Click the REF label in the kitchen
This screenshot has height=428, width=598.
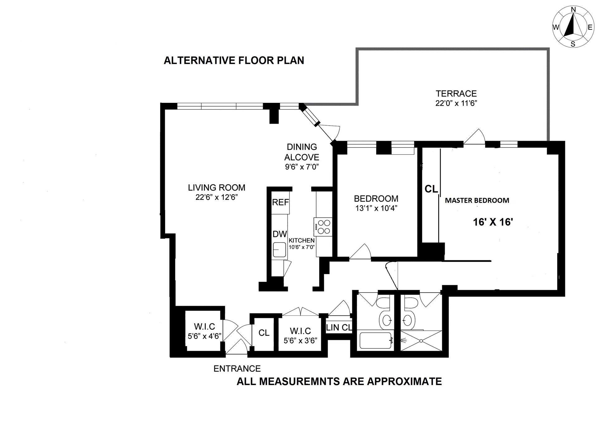point(280,202)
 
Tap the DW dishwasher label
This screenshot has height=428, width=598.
point(280,234)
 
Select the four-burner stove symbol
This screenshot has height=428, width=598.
point(323,227)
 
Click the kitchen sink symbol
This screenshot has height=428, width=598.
point(279,250)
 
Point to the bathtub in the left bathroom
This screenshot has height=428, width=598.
point(375,341)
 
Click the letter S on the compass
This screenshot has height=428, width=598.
point(573,44)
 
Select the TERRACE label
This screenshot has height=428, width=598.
point(456,94)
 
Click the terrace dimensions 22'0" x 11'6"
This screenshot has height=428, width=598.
point(456,103)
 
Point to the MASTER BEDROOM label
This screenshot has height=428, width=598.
point(477,200)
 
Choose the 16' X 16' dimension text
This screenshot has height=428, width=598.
point(493,222)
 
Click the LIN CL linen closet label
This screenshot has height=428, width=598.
point(339,328)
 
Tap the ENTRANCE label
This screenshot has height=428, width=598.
point(237,369)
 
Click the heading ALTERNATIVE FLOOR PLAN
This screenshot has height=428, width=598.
point(234,60)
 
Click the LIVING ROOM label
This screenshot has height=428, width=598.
point(216,188)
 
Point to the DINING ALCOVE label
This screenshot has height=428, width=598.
point(301,152)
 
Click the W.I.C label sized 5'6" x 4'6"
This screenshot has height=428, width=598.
point(204,327)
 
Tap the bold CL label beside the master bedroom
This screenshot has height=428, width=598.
point(431,189)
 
